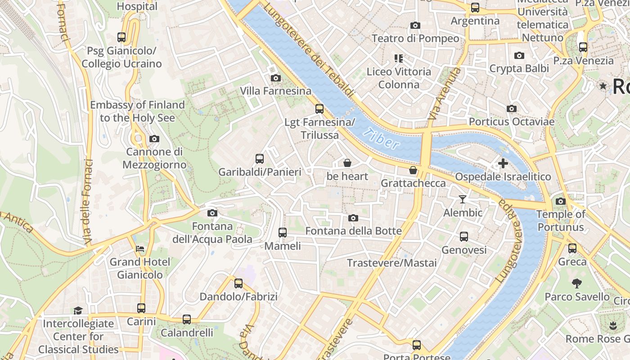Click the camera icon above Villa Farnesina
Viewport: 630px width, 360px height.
[x=276, y=78]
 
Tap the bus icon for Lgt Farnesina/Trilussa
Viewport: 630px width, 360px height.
[x=319, y=108]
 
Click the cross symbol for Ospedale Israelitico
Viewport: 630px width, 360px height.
[x=503, y=163]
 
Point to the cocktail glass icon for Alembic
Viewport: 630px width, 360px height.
[x=463, y=199]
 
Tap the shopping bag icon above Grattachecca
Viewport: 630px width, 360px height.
[x=413, y=170]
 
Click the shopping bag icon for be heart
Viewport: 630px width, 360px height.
[x=347, y=163]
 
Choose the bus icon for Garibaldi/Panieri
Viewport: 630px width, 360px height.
[x=260, y=158]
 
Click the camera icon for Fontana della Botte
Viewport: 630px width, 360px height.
[x=353, y=218]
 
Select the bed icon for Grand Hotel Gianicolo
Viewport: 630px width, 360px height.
[x=140, y=248]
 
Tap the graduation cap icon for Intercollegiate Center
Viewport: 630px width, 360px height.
[x=78, y=310]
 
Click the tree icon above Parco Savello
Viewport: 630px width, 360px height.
[x=577, y=283]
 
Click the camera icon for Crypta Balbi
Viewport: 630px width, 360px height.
[x=519, y=56]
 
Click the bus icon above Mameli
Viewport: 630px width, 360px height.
[x=283, y=233]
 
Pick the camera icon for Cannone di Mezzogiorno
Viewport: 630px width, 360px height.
[x=154, y=139]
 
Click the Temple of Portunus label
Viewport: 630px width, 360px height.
[x=561, y=220]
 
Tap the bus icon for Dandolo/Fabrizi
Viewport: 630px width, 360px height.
[x=238, y=283]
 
